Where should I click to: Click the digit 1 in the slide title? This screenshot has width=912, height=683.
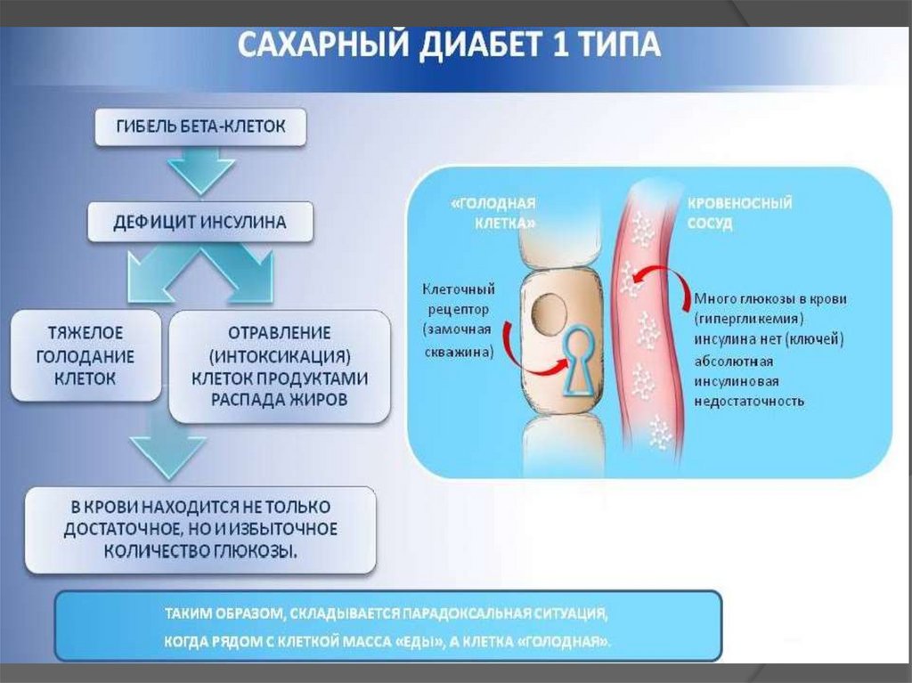[560, 45]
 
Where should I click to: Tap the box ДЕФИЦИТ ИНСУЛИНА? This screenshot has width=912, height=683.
[200, 222]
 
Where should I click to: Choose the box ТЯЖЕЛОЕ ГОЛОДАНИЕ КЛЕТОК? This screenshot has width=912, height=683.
[85, 355]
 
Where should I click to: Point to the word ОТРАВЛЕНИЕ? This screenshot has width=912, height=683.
[279, 333]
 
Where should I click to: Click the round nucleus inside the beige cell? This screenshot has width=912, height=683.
[550, 313]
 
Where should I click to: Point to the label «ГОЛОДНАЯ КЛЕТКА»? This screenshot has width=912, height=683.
[493, 213]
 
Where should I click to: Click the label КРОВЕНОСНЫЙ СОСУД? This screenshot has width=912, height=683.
[739, 213]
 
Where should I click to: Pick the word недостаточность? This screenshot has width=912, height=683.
[749, 401]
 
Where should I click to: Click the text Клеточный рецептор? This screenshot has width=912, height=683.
[459, 299]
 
